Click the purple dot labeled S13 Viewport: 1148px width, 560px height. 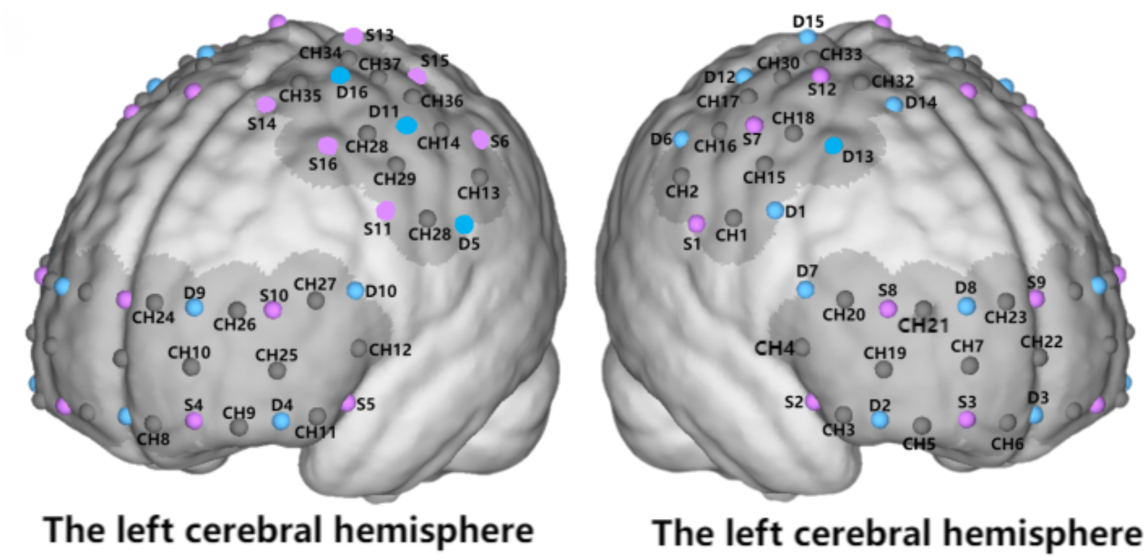(x=353, y=37)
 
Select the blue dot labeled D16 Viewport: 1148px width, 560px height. (x=340, y=75)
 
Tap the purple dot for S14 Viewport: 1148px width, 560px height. (x=266, y=105)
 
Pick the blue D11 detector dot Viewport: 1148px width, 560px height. (x=406, y=126)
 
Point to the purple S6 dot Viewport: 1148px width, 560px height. (x=480, y=139)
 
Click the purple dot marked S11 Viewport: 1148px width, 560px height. (x=386, y=210)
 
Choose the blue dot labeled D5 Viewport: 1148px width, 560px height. (x=464, y=225)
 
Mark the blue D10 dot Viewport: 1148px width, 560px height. (x=356, y=291)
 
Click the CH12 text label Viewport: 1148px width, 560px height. (x=390, y=350)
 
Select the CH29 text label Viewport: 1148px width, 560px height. (x=394, y=179)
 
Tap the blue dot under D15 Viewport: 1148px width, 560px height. (x=807, y=38)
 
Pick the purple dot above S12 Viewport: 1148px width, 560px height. (x=820, y=75)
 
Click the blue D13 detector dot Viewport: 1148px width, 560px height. (x=834, y=146)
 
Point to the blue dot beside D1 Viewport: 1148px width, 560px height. (x=775, y=210)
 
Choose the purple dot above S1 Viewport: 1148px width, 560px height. (x=696, y=223)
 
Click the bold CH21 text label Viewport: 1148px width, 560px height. (x=923, y=326)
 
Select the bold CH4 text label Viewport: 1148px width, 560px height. (x=774, y=348)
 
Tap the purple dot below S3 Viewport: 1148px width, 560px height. (x=966, y=420)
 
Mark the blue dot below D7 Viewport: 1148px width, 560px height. (x=806, y=290)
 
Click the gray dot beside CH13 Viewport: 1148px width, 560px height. (x=480, y=177)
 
